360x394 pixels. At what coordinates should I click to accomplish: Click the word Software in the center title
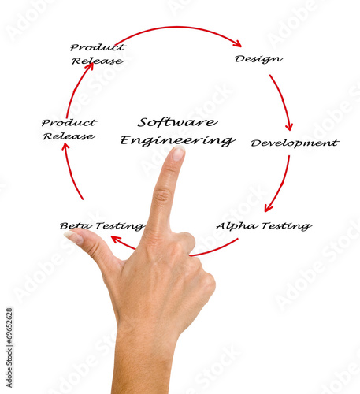pos(177,122)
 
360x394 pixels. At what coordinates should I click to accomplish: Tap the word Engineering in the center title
pos(178,140)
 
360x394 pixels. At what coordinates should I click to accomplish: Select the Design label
pos(258,59)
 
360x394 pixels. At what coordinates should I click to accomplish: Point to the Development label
pos(295,143)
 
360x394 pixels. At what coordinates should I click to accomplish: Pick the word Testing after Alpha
pos(288,226)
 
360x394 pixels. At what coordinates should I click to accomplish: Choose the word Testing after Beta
pos(120,226)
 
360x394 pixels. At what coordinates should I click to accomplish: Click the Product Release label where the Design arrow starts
pos(98,54)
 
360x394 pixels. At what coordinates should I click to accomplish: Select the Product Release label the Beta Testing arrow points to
pos(69,129)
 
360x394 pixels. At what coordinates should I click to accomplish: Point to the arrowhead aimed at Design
pos(238,43)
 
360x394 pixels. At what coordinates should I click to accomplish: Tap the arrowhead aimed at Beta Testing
pos(116,239)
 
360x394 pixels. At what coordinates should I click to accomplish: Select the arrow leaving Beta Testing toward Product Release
pos(70,171)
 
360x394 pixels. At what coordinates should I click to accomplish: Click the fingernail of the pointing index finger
pos(178,154)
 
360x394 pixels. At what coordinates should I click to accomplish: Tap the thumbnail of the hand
pos(74,237)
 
